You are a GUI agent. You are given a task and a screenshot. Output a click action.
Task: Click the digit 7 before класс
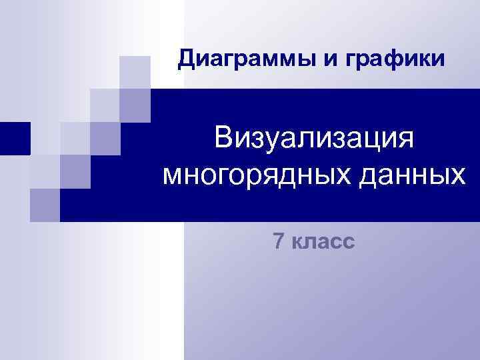point(279,241)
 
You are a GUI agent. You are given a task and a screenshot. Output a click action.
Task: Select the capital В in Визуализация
point(223,140)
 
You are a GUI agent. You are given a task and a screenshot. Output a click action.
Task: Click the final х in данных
point(457,177)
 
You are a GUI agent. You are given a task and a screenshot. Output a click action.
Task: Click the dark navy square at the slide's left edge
point(15,138)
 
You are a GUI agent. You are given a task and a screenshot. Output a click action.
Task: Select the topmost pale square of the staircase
point(135,71)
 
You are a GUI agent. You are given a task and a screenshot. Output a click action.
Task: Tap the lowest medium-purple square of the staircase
point(45,205)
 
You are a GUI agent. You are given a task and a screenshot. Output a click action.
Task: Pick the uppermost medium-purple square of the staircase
point(135,104)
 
